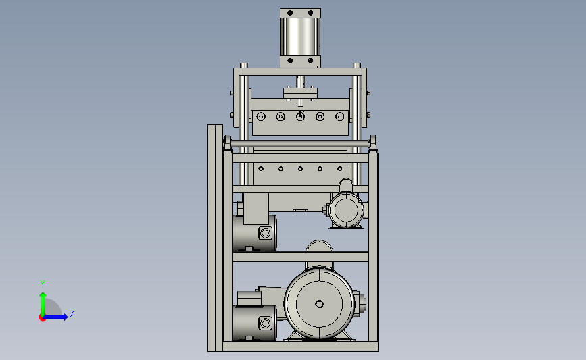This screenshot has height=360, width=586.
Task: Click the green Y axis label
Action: [43, 284]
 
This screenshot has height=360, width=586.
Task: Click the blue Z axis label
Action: [72, 313]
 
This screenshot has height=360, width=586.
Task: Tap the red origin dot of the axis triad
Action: [42, 318]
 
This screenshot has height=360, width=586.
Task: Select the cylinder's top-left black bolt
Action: [290, 13]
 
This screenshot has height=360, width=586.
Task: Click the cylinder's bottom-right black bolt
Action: [310, 61]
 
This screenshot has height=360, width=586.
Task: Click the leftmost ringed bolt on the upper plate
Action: [261, 117]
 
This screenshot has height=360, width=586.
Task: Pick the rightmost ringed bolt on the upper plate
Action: [340, 117]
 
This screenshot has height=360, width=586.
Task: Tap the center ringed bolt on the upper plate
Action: [300, 117]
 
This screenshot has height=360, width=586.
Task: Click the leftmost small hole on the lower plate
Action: [261, 169]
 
